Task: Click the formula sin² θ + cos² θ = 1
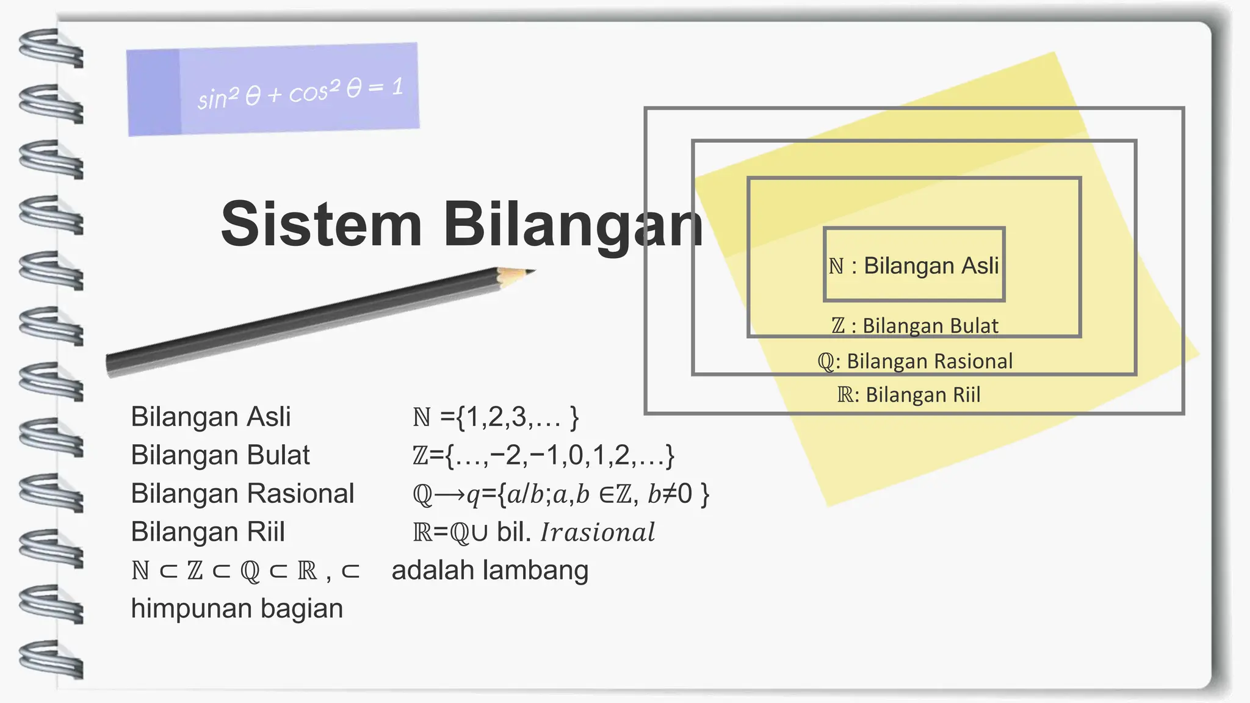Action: [x=300, y=92]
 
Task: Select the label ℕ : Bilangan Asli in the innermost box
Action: [x=914, y=265]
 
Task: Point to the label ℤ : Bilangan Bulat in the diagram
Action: [x=914, y=326]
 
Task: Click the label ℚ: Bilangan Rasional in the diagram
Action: [x=914, y=361]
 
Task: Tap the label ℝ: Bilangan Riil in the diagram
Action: [x=909, y=395]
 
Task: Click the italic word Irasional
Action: [x=598, y=532]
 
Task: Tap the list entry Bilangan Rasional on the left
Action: [x=242, y=494]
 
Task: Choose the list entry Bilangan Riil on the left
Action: [x=208, y=532]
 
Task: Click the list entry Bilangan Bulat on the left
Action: [x=220, y=455]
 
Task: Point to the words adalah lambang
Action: [x=490, y=571]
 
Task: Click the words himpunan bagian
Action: [x=237, y=608]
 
